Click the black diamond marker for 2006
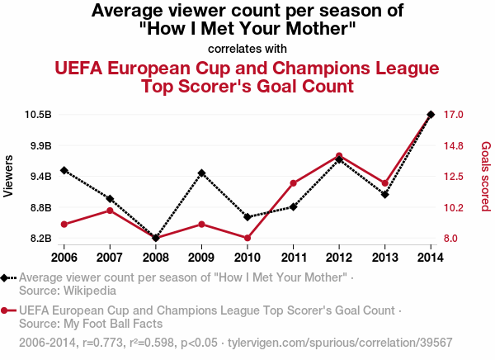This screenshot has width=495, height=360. pyautogui.click(x=64, y=170)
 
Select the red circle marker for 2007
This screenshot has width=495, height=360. pyautogui.click(x=110, y=211)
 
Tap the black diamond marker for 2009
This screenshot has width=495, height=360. pyautogui.click(x=201, y=173)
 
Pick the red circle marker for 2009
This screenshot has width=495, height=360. pyautogui.click(x=201, y=224)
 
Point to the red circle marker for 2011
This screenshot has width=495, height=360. pyautogui.click(x=294, y=182)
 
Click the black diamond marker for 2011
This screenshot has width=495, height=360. pyautogui.click(x=294, y=206)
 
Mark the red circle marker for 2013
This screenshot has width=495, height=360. pyautogui.click(x=385, y=182)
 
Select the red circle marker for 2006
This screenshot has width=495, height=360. pyautogui.click(x=64, y=224)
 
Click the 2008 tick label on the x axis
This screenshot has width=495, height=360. pyautogui.click(x=156, y=253)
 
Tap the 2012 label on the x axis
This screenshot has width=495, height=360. pyautogui.click(x=340, y=253)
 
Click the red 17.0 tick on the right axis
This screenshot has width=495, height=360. pyautogui.click(x=455, y=114)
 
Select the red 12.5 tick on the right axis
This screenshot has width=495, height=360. pyautogui.click(x=455, y=176)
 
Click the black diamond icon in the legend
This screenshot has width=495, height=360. pyautogui.click(x=6, y=278)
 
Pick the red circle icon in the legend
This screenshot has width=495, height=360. pyautogui.click(x=6, y=311)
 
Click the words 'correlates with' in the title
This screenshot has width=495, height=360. pyautogui.click(x=247, y=48)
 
